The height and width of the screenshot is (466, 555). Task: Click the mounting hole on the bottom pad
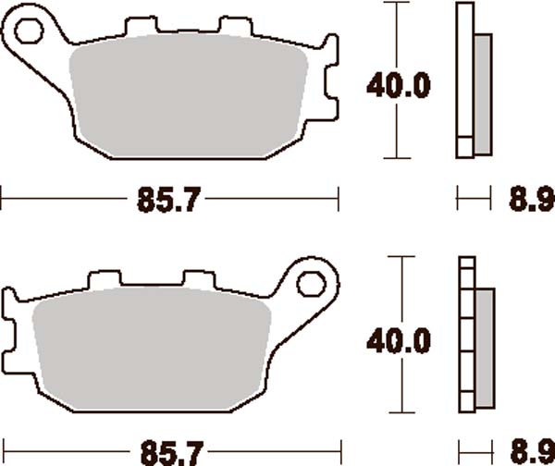[x=314, y=281]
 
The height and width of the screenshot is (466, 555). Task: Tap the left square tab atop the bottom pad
[x=105, y=278]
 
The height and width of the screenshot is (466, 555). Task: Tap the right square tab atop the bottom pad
[x=195, y=278]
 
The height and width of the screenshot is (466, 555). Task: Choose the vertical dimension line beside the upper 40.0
[x=398, y=37]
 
